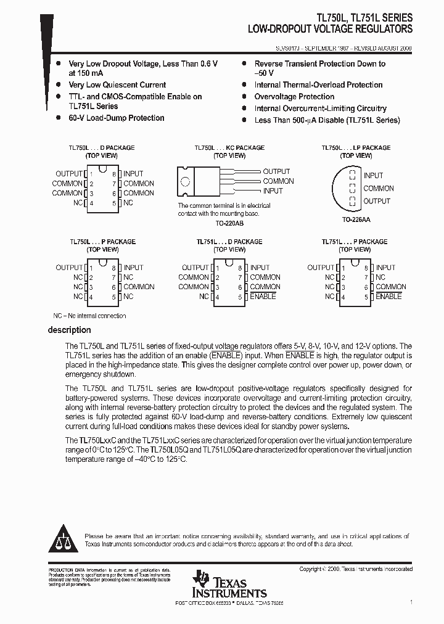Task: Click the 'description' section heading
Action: pyautogui.click(x=70, y=330)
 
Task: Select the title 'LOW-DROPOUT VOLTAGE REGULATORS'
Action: pyautogui.click(x=330, y=29)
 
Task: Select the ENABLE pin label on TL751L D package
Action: pyautogui.click(x=263, y=297)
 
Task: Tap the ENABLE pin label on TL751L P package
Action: pyautogui.click(x=388, y=297)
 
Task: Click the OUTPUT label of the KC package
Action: pyautogui.click(x=276, y=171)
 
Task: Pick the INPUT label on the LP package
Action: pyautogui.click(x=373, y=176)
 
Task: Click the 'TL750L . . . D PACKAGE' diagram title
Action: pyautogui.click(x=102, y=148)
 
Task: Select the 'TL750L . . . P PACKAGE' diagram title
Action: pyautogui.click(x=102, y=242)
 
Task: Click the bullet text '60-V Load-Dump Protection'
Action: pyautogui.click(x=117, y=118)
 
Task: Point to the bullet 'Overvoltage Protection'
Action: pyautogui.click(x=294, y=97)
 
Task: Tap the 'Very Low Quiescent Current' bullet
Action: pyautogui.click(x=117, y=85)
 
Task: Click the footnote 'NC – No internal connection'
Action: pyautogui.click(x=89, y=316)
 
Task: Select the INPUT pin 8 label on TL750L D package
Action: pyautogui.click(x=133, y=174)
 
